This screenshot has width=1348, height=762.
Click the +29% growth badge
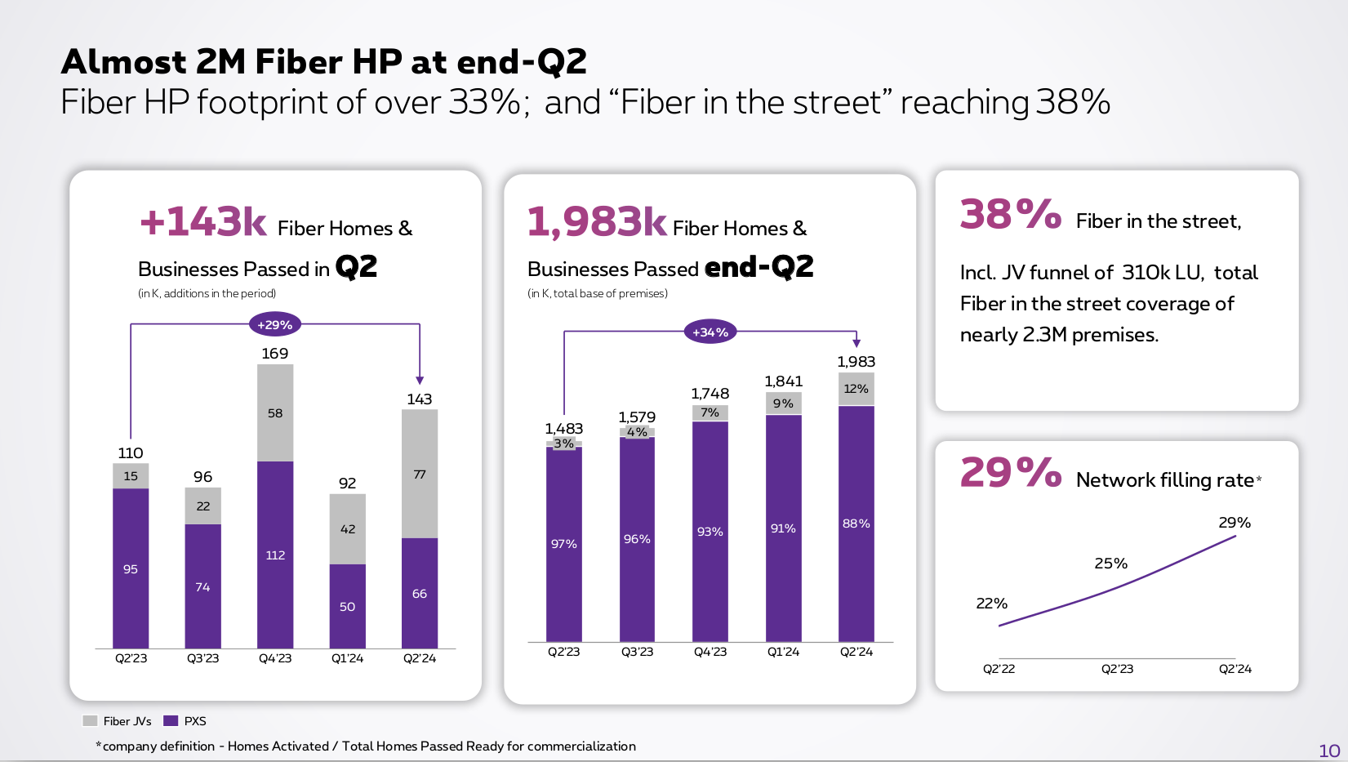pos(274,325)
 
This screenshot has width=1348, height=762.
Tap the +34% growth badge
pos(710,332)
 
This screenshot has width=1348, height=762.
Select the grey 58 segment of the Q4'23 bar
pos(275,413)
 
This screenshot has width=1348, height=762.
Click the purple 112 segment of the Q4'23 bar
pos(275,555)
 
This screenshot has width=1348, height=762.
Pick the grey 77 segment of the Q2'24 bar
pos(420,475)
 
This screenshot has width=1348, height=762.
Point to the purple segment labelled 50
pos(348,606)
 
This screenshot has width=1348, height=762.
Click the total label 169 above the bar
pos(275,354)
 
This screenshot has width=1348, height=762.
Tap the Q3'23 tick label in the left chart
pos(203,658)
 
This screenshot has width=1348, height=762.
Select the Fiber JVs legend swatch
pos(90,721)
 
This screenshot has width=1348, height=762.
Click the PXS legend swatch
pos(171,721)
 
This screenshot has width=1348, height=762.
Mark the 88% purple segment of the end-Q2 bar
pos(856,524)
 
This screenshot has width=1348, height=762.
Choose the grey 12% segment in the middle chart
pos(856,389)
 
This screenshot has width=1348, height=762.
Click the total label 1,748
pos(710,394)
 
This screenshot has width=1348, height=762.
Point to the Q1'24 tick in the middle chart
pos(783,652)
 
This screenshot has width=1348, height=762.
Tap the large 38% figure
pos(1011,216)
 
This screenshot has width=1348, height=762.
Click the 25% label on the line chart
pos(1110,564)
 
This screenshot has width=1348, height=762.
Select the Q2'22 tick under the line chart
pos(999,669)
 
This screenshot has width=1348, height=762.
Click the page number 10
pos(1329,751)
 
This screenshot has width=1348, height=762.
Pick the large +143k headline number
pos(203,222)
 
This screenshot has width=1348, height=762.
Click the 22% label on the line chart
pos(992,604)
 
